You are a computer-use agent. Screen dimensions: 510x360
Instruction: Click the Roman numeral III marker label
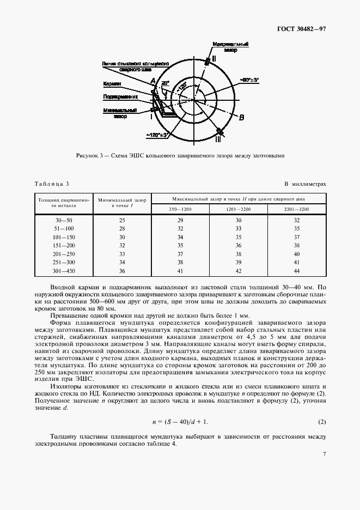tap(218, 139)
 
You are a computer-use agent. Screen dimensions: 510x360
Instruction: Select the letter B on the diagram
tap(242, 117)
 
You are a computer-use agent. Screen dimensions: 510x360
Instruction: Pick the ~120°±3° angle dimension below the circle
tap(158, 133)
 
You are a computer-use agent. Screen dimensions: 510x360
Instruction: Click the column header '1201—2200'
tap(239, 209)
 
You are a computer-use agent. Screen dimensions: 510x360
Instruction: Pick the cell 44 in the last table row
tap(296, 270)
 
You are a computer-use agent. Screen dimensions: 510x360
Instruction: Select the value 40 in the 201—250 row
tap(296, 254)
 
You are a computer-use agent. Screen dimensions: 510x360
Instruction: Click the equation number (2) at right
tap(321, 422)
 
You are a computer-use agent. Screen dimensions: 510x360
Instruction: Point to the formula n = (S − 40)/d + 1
tap(180, 422)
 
